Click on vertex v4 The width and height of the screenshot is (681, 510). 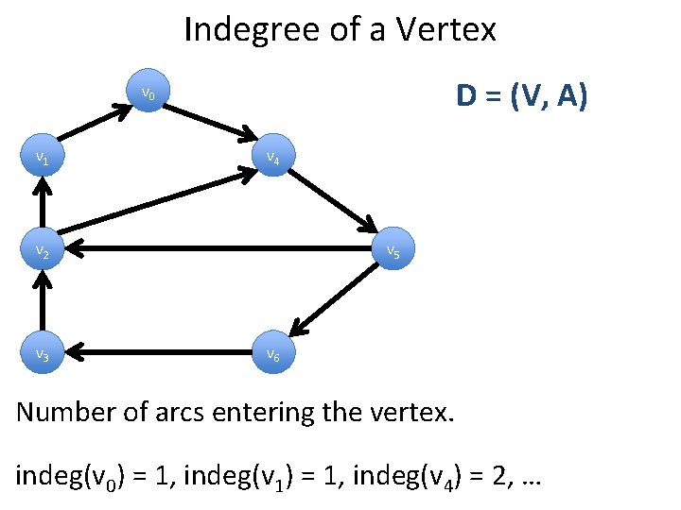click(271, 159)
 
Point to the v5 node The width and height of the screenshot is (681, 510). click(392, 251)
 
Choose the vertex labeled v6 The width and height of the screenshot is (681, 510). click(271, 354)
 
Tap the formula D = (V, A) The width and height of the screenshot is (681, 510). click(521, 96)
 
